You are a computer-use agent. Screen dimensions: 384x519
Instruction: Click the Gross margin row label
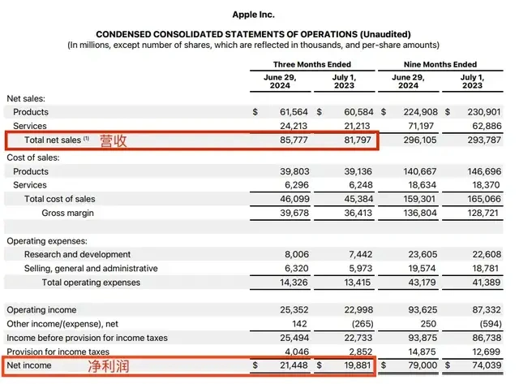(x=67, y=213)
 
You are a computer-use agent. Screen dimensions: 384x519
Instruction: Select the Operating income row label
(x=41, y=309)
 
